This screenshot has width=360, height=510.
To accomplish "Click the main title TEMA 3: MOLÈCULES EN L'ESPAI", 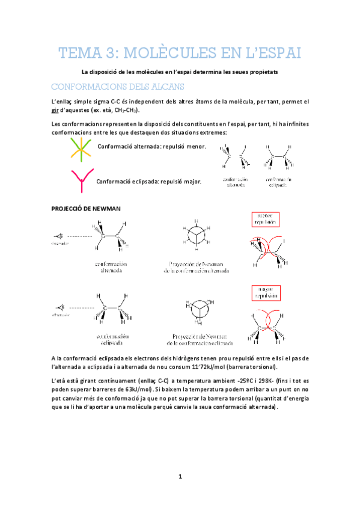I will [180, 54].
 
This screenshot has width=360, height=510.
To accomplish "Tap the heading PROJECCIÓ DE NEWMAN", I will [87, 207].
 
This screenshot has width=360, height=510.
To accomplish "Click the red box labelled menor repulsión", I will [263, 218].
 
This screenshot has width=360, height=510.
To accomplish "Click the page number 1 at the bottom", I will [180, 477].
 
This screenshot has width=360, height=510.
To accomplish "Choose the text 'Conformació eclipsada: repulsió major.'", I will [149, 181].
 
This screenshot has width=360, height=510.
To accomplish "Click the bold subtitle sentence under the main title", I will [180, 72].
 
